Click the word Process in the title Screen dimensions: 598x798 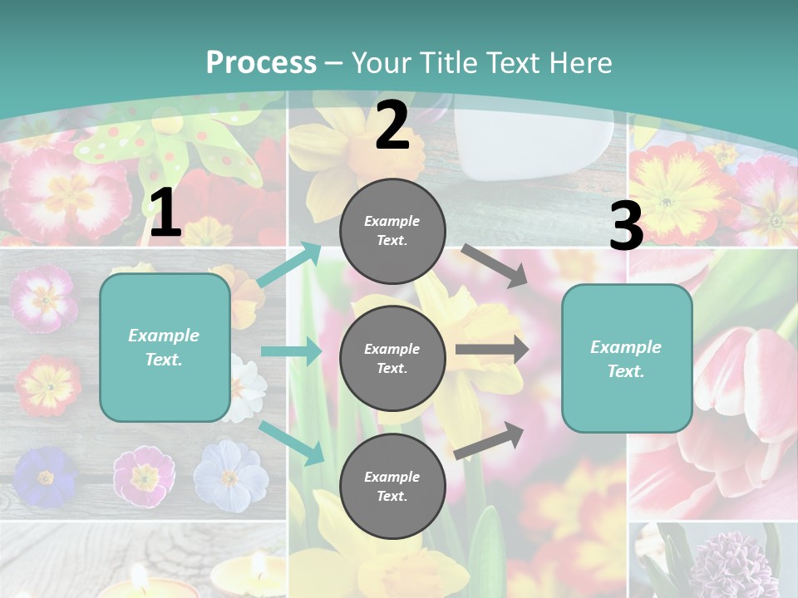[261, 63]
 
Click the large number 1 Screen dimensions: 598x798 [165, 213]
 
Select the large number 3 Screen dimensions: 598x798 [626, 227]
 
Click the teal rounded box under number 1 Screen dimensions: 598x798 [165, 347]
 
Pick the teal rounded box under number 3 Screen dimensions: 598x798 [627, 358]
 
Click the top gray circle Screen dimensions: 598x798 [392, 231]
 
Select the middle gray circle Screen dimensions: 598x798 [392, 358]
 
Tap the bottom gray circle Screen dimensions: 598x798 [392, 486]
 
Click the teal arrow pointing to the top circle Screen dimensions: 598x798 [290, 264]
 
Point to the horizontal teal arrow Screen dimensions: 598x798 [290, 351]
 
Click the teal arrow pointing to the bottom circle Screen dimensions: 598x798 [292, 443]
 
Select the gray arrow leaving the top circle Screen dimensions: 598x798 [494, 265]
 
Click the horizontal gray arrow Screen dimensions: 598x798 [491, 350]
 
